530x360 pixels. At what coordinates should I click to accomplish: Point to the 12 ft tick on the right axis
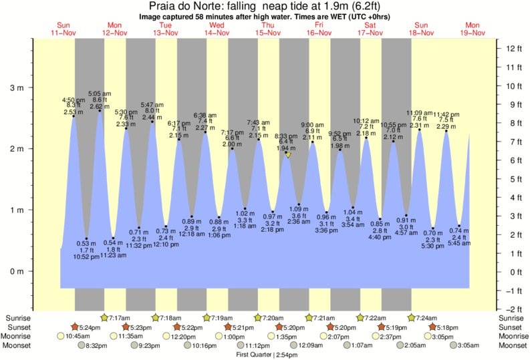512,49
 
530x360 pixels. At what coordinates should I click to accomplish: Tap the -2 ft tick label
512,309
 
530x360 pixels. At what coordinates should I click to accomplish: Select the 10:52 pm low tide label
86,256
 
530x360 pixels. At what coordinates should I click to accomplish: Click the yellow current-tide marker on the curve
287,154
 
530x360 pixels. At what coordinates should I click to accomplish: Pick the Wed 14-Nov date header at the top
217,29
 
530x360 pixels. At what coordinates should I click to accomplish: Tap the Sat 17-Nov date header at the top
369,29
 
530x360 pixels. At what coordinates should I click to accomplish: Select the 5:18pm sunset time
452,327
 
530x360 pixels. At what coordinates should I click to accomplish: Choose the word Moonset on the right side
512,345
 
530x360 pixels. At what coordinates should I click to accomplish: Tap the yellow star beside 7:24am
412,318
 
